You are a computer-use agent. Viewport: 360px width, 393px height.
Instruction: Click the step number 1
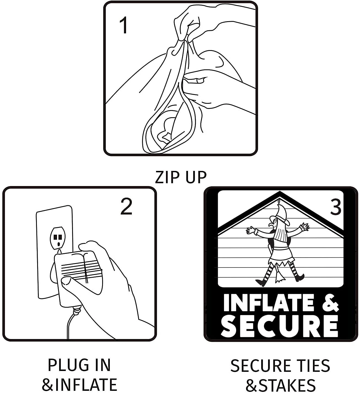[x=124, y=25]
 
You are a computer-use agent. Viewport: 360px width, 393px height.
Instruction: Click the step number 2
[x=126, y=206]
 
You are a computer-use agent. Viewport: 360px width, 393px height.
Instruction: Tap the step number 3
[x=336, y=207]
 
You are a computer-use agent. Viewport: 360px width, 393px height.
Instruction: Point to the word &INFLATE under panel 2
[x=79, y=384]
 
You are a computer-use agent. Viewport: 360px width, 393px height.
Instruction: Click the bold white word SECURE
[x=280, y=326]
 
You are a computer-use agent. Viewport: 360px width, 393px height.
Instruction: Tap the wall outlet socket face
[x=58, y=238]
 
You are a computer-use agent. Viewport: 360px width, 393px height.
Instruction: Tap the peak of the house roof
[x=280, y=192]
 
